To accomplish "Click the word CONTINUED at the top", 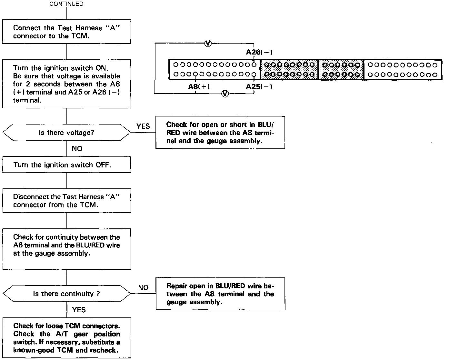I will point(66,4).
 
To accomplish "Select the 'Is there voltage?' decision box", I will point(66,132).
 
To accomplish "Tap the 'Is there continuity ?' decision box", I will point(66,294).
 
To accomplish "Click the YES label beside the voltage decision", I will point(143,126).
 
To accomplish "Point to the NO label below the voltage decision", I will point(77,149).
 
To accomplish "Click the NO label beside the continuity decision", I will point(143,287).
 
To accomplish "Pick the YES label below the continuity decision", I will point(79,310).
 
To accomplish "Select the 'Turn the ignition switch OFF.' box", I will point(66,165).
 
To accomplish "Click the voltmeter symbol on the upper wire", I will point(208,43).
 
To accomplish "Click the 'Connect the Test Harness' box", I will point(66,32).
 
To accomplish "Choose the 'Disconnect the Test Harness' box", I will point(66,201).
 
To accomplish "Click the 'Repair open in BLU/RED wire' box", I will point(220,294).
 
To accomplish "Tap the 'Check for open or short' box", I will point(220,133).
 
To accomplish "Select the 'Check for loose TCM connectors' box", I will point(66,338).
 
